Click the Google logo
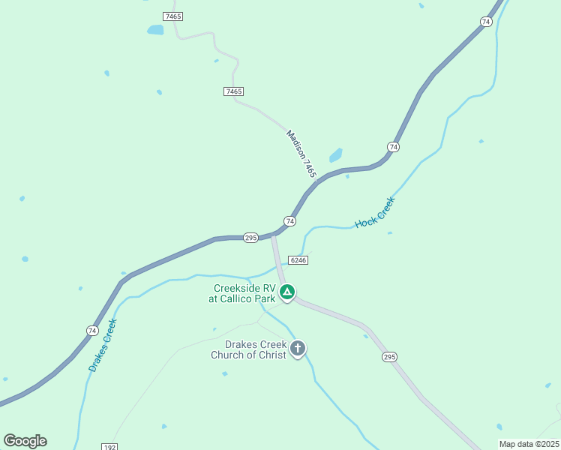tap(25, 441)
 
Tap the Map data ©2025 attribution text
tap(528, 444)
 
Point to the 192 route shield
tap(109, 447)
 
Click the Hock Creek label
tap(374, 213)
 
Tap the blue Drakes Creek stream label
tap(103, 346)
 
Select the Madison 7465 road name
tap(302, 154)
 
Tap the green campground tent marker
tap(286, 292)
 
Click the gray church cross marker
tap(298, 348)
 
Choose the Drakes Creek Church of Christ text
tap(248, 349)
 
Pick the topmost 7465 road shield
tap(173, 16)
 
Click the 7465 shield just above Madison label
tap(233, 91)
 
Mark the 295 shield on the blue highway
tap(250, 237)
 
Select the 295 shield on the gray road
tap(388, 357)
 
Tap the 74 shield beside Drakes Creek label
tap(91, 330)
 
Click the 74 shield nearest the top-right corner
tap(486, 22)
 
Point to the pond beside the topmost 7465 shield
tap(155, 30)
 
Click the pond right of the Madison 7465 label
tap(335, 155)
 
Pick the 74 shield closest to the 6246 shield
tap(289, 220)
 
